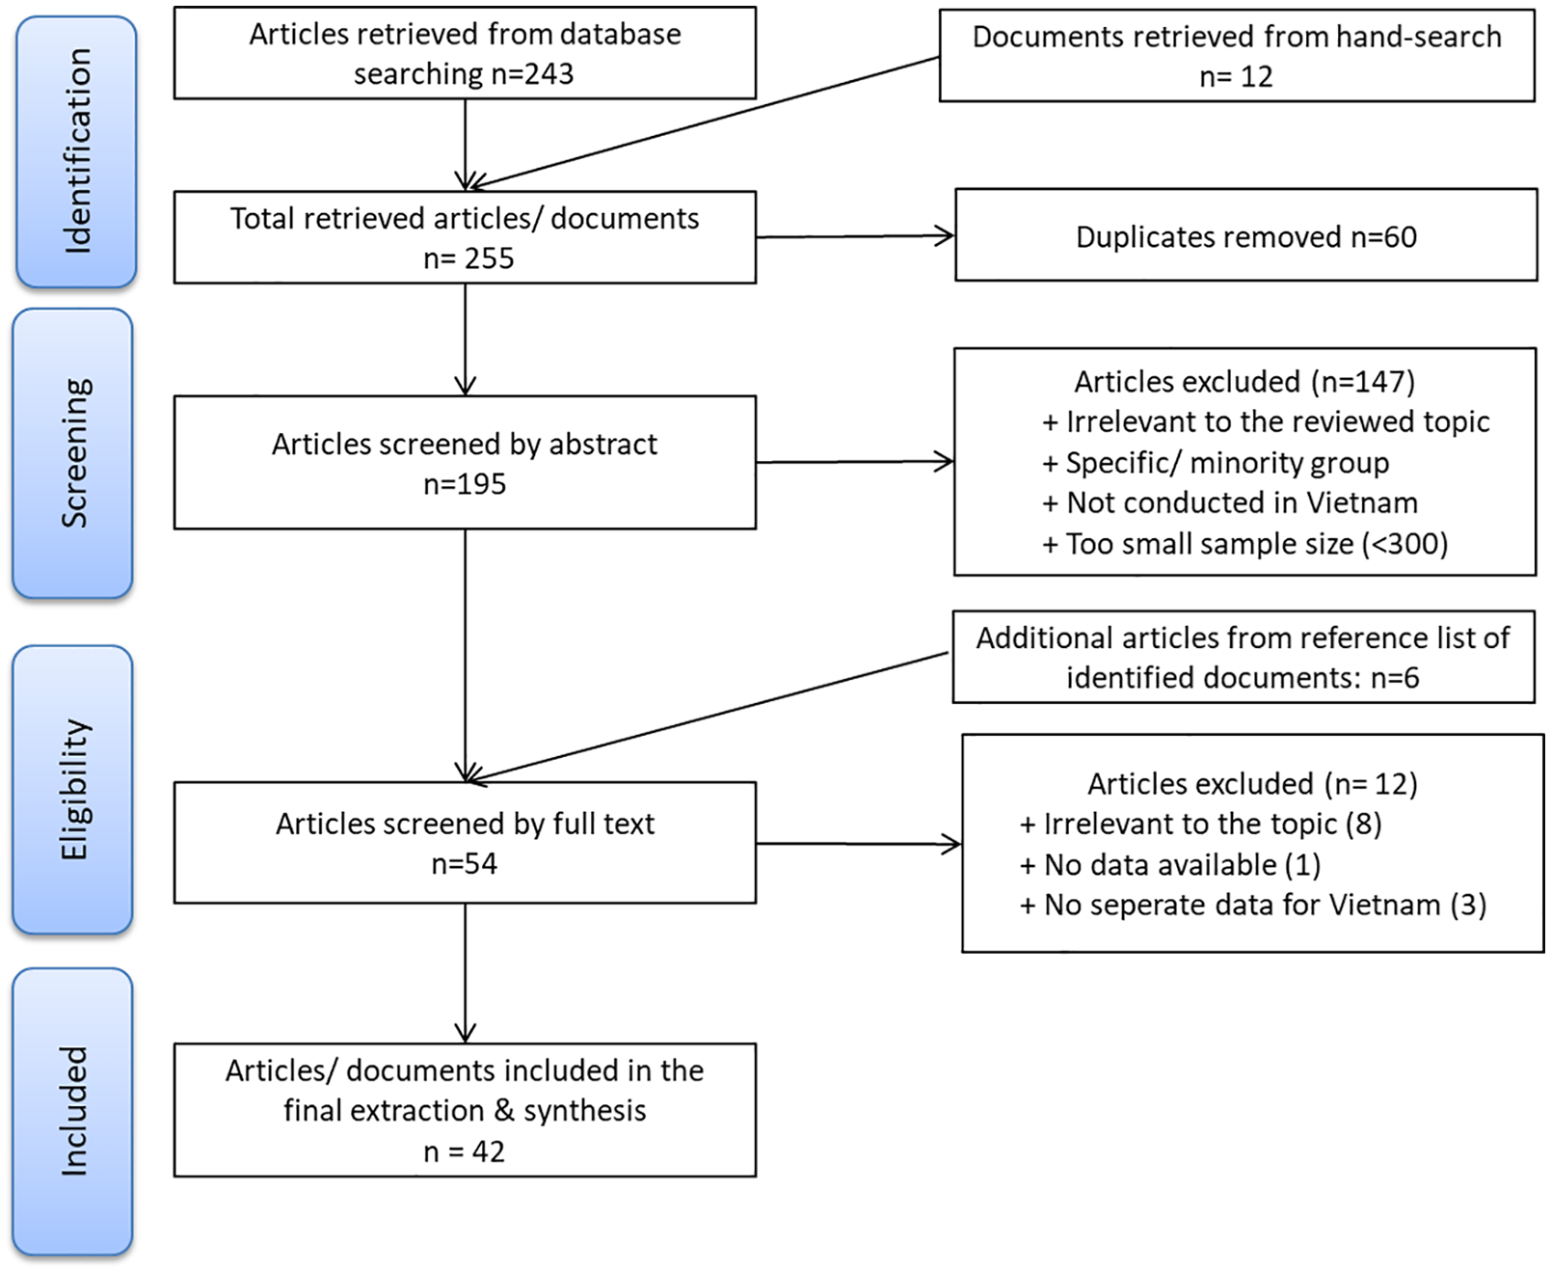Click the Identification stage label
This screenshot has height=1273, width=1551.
[x=76, y=150]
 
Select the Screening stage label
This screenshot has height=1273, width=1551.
[x=74, y=452]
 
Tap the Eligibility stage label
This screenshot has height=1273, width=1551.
[x=73, y=789]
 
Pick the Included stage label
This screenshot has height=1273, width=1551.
[x=73, y=1111]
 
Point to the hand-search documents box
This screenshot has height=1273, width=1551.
[x=1237, y=55]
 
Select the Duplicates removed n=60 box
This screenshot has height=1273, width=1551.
[x=1245, y=234]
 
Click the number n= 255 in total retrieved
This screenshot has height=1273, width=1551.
[x=468, y=258]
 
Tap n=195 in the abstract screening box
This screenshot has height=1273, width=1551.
[x=465, y=484]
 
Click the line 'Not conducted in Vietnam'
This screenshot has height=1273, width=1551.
[x=1230, y=502]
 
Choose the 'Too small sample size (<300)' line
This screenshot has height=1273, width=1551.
[x=1245, y=544]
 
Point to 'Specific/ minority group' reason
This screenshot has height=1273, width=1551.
[x=1216, y=463]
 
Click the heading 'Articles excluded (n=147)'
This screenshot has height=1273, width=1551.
[x=1244, y=382]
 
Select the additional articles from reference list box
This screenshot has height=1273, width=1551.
[x=1243, y=657]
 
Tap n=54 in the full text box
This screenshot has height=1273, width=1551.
[x=464, y=863]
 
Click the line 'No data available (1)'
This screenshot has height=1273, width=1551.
[x=1170, y=865]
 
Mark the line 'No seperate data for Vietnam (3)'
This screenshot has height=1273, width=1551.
[x=1252, y=905]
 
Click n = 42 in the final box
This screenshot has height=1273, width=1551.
[x=464, y=1151]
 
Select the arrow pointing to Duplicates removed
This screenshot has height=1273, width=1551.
[x=855, y=236]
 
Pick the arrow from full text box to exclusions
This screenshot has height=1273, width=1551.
[x=859, y=844]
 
